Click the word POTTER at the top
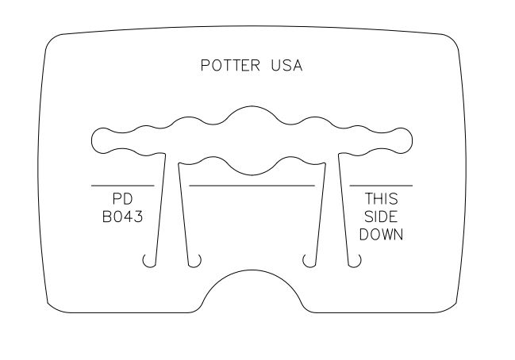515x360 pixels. (x=230, y=65)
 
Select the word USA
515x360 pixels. (x=286, y=65)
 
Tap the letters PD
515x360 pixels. (x=122, y=198)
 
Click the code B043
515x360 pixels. (x=122, y=216)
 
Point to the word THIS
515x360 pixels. (x=382, y=199)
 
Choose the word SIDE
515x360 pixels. (x=381, y=216)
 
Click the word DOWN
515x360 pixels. (x=381, y=235)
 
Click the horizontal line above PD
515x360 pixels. (x=122, y=186)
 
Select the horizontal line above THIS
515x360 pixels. (x=381, y=186)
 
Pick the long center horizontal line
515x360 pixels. (x=252, y=186)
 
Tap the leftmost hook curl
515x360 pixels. (x=149, y=261)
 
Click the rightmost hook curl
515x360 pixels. (x=355, y=261)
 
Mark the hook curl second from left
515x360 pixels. (x=194, y=261)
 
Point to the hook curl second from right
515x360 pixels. (x=309, y=261)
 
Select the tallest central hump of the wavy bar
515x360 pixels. (x=252, y=115)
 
